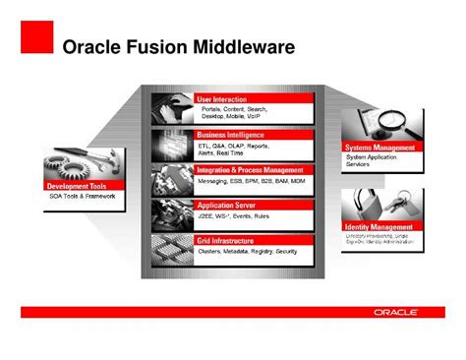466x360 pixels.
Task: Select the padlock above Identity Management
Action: tap(366, 202)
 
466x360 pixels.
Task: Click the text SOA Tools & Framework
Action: tap(83, 196)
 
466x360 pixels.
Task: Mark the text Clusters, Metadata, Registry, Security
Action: tap(247, 251)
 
